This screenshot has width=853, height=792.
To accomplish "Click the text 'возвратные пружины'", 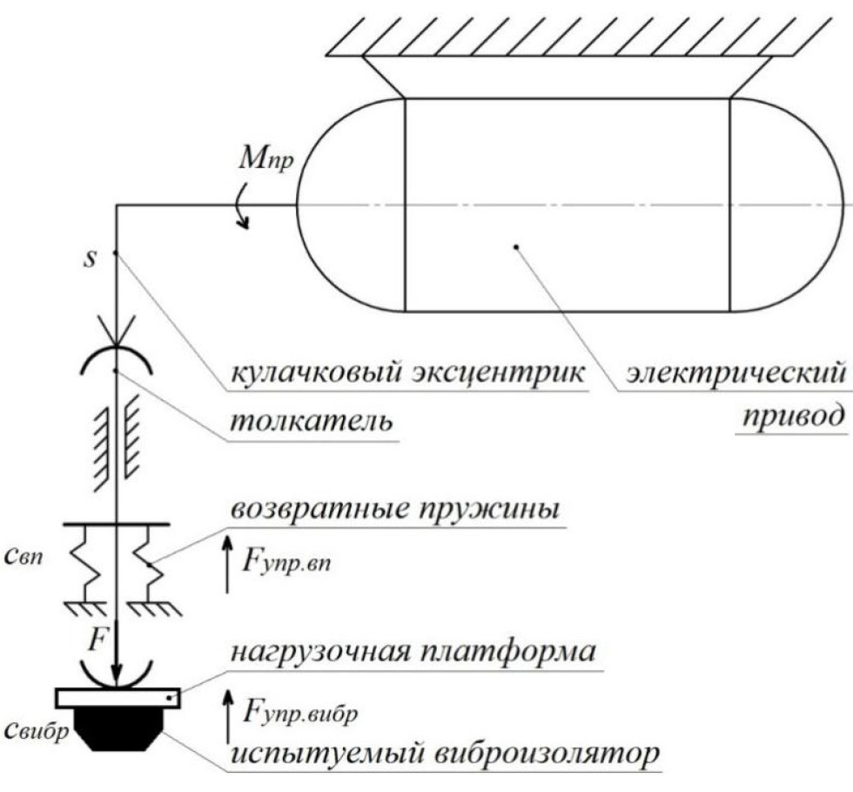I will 393,509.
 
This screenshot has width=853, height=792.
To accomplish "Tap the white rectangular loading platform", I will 118,697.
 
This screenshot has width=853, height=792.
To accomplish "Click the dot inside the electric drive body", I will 516,247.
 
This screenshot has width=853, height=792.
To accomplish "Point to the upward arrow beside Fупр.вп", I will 229,565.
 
